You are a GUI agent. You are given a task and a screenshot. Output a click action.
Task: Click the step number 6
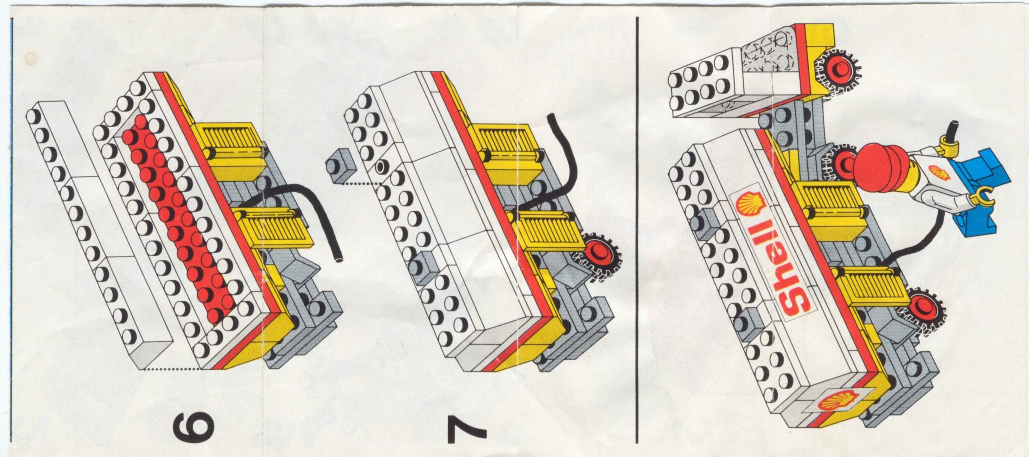point(193,428)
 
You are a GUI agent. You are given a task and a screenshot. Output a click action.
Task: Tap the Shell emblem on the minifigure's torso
point(940,173)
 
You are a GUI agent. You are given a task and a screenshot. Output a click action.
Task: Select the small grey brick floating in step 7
point(340,168)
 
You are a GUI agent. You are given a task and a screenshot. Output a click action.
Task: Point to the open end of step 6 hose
point(339,259)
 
